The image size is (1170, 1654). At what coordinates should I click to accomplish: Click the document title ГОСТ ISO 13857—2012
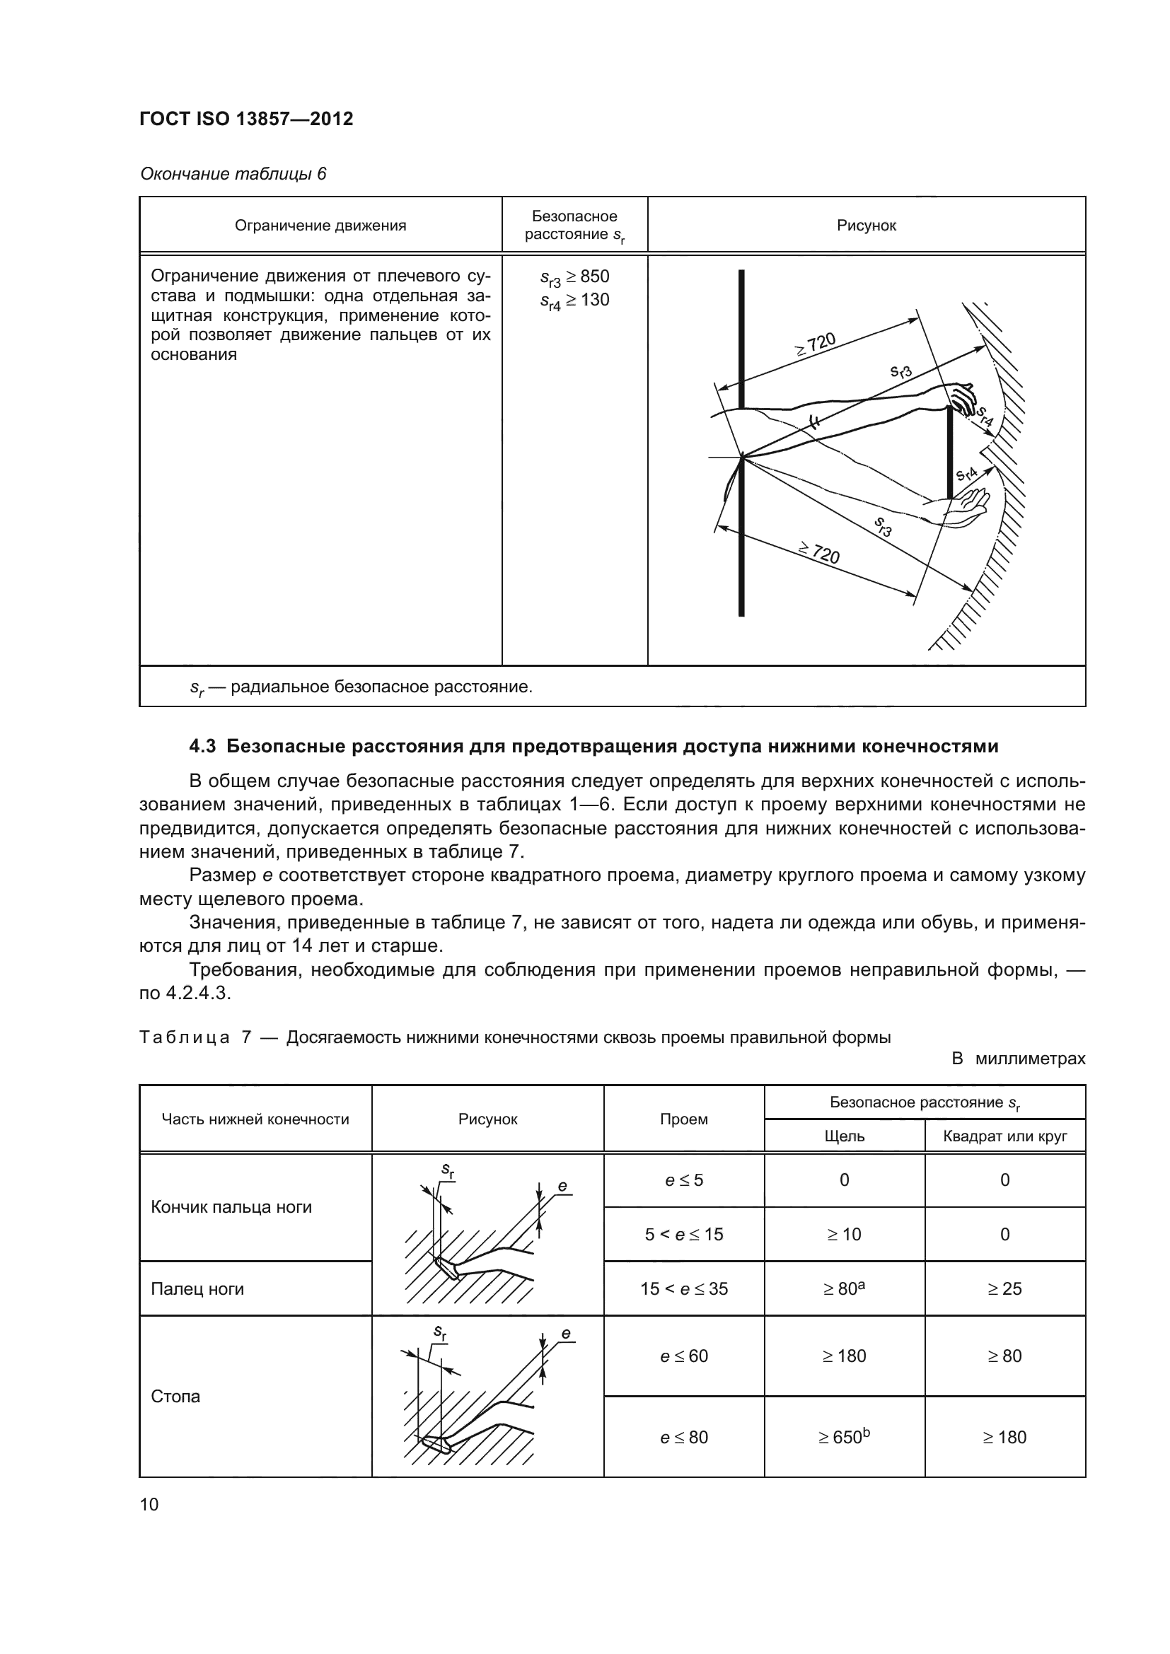[x=245, y=119]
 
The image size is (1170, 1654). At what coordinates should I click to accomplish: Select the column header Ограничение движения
[x=320, y=226]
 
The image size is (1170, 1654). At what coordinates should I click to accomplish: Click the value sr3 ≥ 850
[x=574, y=277]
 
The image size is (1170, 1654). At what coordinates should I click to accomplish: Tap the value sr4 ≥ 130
[x=574, y=301]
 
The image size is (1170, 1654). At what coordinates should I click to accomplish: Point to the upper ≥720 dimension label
[x=815, y=344]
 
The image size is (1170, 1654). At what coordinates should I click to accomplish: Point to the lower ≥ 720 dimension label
[x=819, y=553]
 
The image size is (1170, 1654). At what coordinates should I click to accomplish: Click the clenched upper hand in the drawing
[x=961, y=395]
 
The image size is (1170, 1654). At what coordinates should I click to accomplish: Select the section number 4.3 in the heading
[x=202, y=746]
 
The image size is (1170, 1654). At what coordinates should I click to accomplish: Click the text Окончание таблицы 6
[x=233, y=174]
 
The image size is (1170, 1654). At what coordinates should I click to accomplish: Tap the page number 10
[x=149, y=1504]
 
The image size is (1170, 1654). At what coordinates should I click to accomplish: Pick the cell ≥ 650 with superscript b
[x=844, y=1437]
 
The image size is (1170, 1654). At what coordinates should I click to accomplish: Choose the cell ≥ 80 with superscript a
[x=844, y=1289]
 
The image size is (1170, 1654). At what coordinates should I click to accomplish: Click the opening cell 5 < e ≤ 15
[x=683, y=1235]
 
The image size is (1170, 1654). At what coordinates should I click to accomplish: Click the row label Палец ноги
[x=197, y=1289]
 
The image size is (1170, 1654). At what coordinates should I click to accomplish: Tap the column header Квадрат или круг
[x=1004, y=1137]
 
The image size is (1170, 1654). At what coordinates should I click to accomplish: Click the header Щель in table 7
[x=844, y=1137]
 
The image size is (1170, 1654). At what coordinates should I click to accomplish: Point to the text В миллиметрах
[x=1018, y=1059]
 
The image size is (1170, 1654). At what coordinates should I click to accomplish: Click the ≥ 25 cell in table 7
[x=1004, y=1289]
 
